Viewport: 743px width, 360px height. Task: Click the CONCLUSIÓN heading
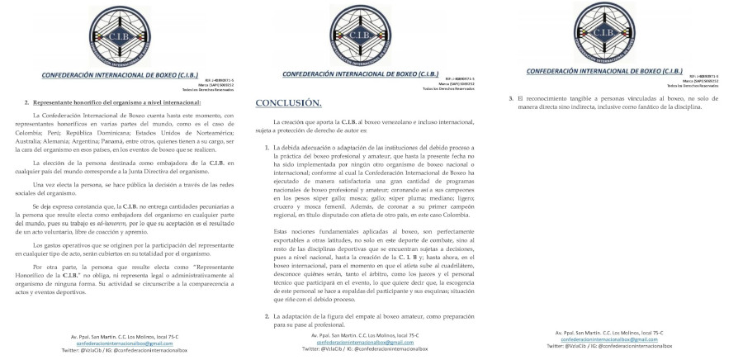287,102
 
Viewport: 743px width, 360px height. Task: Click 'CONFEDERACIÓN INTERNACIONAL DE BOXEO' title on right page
602,71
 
